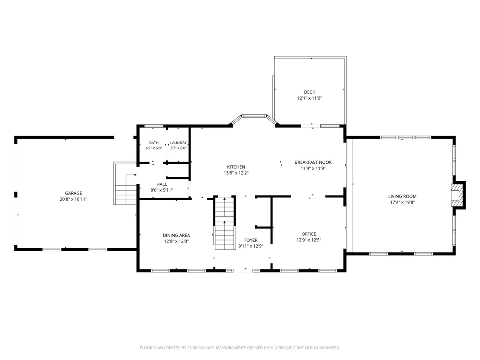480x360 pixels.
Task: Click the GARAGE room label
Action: [74, 193]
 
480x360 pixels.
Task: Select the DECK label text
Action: [309, 92]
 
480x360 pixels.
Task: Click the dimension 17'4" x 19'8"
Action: [402, 202]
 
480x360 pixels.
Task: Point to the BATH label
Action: [154, 143]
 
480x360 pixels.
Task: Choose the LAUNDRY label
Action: [178, 143]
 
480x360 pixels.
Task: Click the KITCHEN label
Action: [236, 167]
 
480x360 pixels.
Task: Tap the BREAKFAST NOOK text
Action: [313, 162]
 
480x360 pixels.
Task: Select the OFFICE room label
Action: [308, 234]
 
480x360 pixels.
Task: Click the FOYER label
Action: [251, 240]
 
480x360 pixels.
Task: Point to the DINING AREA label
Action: [176, 235]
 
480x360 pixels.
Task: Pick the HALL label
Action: [162, 184]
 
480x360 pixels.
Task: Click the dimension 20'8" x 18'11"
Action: [74, 199]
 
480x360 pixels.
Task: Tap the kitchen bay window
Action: [254, 119]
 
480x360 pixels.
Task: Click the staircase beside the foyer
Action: [225, 224]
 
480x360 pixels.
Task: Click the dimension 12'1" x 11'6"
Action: [309, 98]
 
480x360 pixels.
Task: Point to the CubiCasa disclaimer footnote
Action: [240, 348]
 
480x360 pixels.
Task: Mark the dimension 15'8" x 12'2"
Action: [236, 173]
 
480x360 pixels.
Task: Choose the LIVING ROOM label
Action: [402, 196]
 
